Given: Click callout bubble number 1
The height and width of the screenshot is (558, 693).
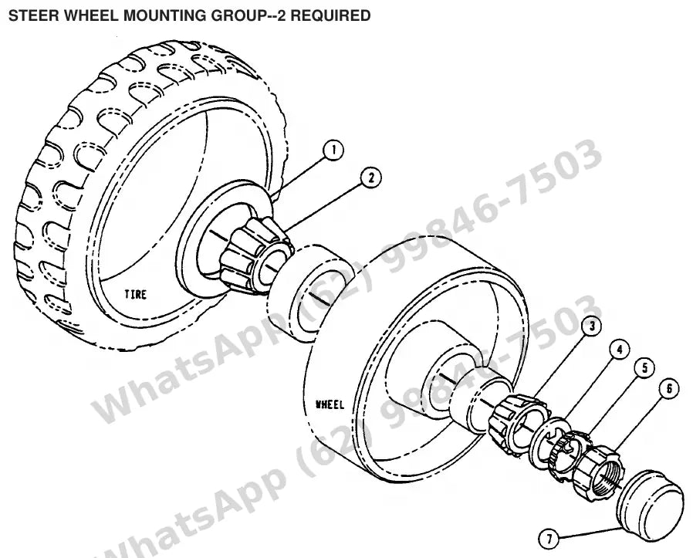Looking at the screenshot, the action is (x=333, y=150).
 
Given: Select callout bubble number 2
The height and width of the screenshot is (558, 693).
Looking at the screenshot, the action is (x=370, y=178).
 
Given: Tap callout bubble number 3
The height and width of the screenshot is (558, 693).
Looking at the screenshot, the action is (x=592, y=326).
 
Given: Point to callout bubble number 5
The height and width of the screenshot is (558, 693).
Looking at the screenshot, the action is (x=644, y=367).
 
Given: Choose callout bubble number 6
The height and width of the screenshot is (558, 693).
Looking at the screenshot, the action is (x=668, y=389).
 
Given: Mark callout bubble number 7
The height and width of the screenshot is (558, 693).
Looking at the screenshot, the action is (x=549, y=539).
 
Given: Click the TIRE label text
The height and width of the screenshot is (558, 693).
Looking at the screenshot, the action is (x=136, y=294).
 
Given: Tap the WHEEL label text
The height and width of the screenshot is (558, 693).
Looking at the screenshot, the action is (x=330, y=404).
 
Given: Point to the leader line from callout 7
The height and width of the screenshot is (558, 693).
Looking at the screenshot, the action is (x=588, y=533).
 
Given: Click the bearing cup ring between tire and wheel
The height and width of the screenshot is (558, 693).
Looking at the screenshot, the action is (x=309, y=294).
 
